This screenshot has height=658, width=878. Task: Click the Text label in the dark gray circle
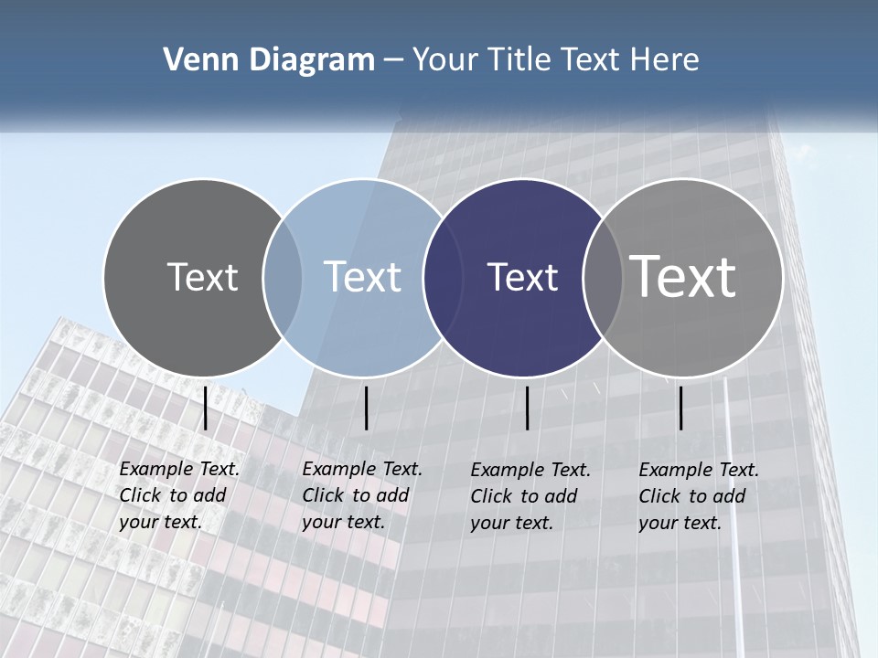[x=202, y=277]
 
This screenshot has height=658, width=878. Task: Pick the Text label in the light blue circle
[x=362, y=277]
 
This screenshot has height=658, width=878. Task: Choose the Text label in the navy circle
[x=522, y=277]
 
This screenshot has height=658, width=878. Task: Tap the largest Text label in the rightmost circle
[x=683, y=277]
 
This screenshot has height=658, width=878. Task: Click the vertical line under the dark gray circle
[x=206, y=408]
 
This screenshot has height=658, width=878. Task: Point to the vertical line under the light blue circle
[x=366, y=408]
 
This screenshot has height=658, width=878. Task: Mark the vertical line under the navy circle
[x=528, y=408]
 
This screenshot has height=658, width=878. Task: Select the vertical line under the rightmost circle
[x=681, y=408]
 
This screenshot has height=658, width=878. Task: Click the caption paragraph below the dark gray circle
[x=178, y=495]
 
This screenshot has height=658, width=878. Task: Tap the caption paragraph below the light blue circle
[x=361, y=495]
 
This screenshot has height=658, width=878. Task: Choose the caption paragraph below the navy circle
[x=530, y=496]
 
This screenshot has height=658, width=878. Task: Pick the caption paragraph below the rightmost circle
[x=698, y=496]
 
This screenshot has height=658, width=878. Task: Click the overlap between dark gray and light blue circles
[x=283, y=277]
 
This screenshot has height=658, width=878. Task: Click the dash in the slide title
[x=393, y=60]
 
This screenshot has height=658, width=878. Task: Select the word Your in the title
[x=445, y=60]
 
